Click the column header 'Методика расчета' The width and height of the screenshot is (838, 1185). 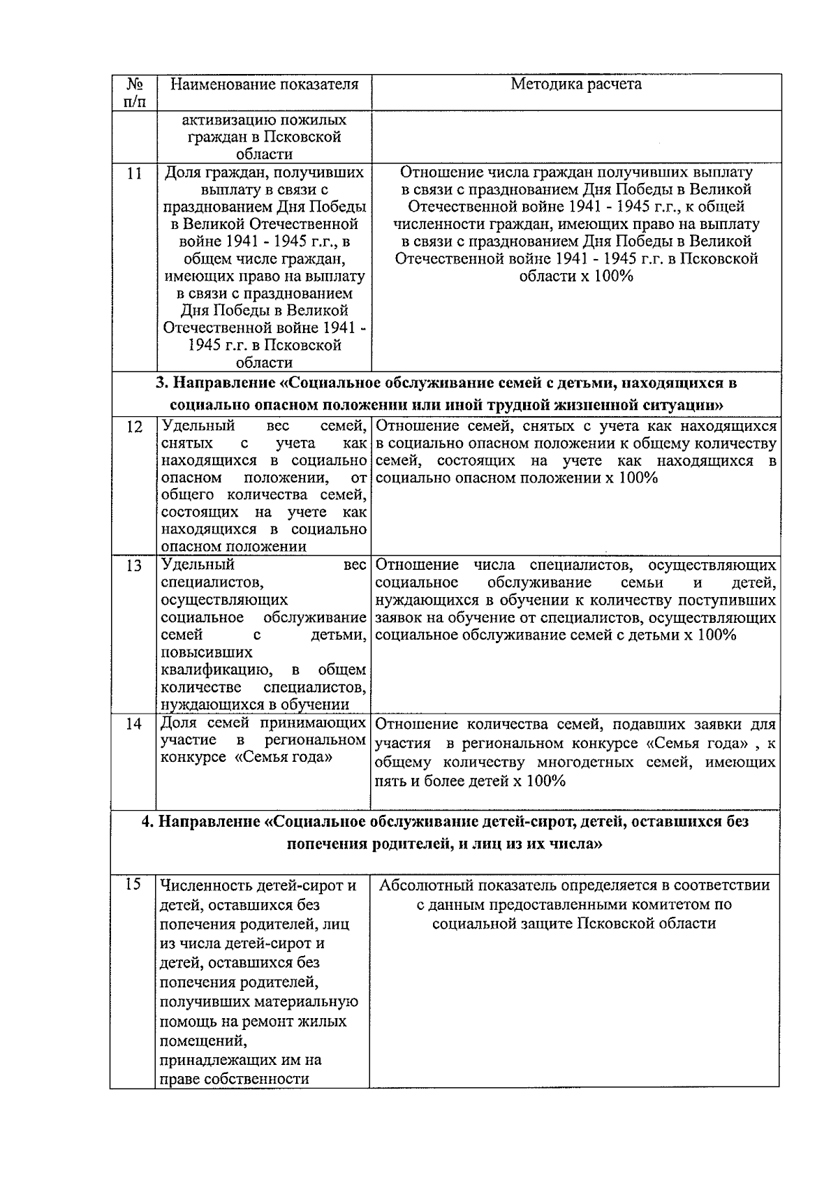[x=576, y=84]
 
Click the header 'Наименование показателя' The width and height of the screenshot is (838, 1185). [x=265, y=84]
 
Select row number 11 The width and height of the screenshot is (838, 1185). [x=135, y=173]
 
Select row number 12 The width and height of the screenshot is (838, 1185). [x=135, y=427]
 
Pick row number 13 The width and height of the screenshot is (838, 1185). [x=134, y=566]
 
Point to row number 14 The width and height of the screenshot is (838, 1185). [x=134, y=723]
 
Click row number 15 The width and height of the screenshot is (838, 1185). [x=133, y=884]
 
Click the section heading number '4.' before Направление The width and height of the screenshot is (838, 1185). [x=148, y=821]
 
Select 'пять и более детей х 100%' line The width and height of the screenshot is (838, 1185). [x=470, y=781]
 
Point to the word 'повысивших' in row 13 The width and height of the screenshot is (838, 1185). [x=206, y=653]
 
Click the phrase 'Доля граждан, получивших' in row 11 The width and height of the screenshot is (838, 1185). [x=264, y=172]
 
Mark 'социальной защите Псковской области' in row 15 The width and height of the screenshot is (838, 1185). [x=574, y=923]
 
